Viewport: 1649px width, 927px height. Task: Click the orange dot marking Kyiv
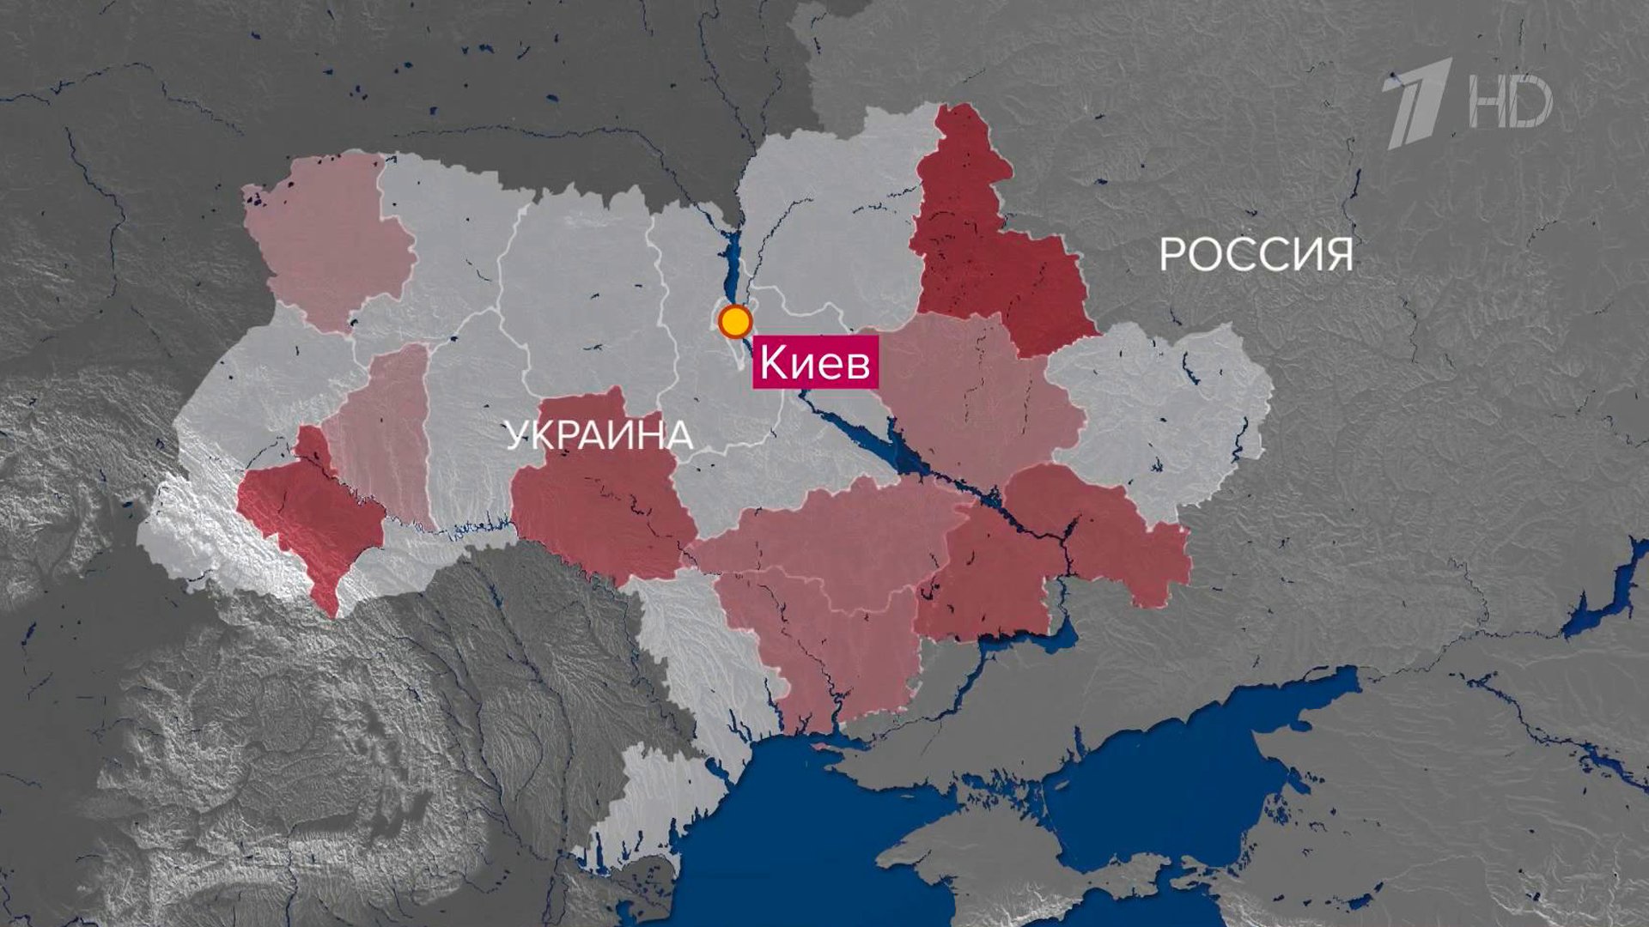pos(734,322)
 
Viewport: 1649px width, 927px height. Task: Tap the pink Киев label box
pos(815,363)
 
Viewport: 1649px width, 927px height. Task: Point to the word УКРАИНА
pos(599,435)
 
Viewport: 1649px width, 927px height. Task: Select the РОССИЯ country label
pos(1256,254)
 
